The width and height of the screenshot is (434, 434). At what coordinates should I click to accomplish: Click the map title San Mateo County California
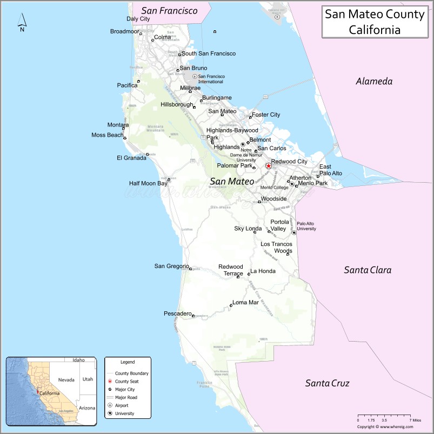click(x=374, y=21)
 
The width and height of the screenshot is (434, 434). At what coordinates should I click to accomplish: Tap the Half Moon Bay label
click(x=148, y=183)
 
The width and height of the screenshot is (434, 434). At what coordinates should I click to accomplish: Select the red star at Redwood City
click(x=268, y=166)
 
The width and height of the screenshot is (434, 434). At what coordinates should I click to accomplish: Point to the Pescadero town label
click(x=178, y=313)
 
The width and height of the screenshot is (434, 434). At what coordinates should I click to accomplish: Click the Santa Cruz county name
click(x=327, y=383)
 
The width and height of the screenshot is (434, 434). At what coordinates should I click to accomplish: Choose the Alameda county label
click(x=373, y=82)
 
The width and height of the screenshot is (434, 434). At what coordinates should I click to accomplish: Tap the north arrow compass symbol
click(x=22, y=22)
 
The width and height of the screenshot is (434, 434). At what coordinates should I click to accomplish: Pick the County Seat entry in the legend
click(x=126, y=381)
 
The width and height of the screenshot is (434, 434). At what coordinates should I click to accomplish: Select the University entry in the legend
click(x=124, y=413)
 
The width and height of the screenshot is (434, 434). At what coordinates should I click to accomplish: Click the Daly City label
click(x=138, y=18)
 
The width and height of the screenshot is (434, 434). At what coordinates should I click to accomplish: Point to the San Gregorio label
click(x=171, y=265)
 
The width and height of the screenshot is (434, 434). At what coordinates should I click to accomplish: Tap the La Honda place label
click(x=263, y=271)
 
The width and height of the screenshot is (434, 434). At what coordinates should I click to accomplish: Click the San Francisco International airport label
click(x=211, y=79)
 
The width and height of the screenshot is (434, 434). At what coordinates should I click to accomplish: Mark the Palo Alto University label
click(x=305, y=226)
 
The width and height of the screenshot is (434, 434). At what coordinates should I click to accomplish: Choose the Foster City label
click(x=266, y=115)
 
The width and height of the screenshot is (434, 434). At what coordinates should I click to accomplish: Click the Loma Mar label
click(x=245, y=302)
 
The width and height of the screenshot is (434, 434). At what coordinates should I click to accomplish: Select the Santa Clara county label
click(x=368, y=270)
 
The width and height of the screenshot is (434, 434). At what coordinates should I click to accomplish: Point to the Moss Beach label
click(x=107, y=135)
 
